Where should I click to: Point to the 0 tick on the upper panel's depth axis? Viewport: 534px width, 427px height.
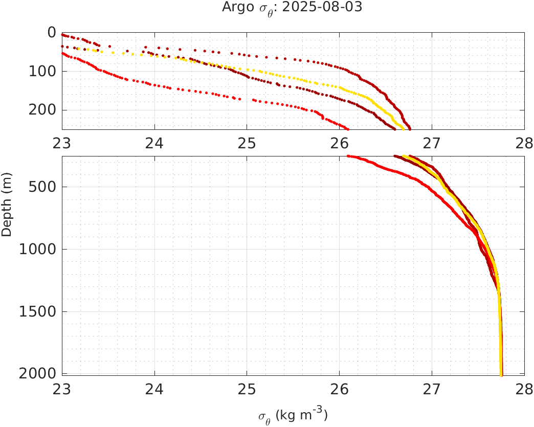(52, 32)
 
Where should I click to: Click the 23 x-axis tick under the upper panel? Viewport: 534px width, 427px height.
(62, 144)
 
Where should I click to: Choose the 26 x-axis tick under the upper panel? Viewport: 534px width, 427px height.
(340, 144)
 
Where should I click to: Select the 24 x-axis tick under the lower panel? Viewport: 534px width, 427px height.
(154, 390)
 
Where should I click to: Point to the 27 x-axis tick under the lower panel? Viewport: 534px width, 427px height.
(432, 390)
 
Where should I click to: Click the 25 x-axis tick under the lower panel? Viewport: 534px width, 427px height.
(247, 390)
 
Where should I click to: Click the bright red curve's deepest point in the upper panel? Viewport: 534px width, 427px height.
(348, 129)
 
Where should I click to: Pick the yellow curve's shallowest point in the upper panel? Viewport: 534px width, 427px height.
(78, 49)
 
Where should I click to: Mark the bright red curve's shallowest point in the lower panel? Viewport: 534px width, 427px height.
(348, 156)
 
